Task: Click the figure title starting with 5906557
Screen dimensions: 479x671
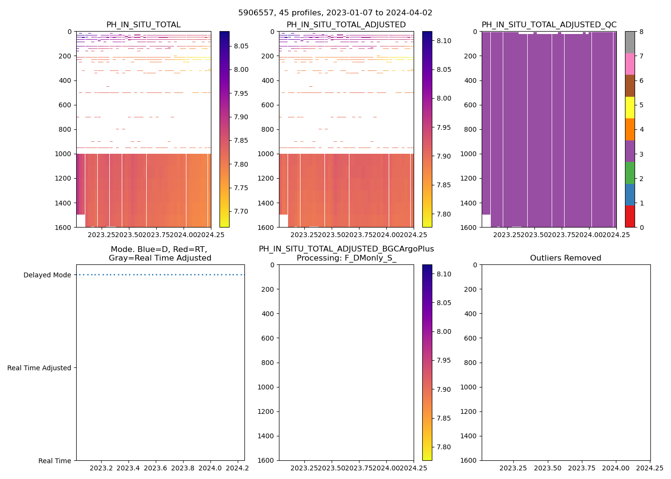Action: click(335, 13)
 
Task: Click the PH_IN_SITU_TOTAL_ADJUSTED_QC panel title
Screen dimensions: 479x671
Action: click(549, 25)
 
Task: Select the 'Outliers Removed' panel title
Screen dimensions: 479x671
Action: click(566, 258)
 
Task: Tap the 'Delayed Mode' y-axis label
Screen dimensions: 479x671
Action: click(47, 275)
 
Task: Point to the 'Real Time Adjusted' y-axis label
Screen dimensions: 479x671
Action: click(39, 368)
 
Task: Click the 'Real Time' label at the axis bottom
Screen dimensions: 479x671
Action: click(55, 461)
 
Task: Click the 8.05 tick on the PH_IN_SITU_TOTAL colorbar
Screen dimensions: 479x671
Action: click(241, 46)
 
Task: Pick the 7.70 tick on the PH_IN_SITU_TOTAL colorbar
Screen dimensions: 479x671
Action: click(241, 211)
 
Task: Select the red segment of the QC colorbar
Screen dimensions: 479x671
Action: click(630, 216)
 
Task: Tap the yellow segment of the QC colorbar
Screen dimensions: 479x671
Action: click(630, 107)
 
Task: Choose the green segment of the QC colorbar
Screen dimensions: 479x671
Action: click(630, 172)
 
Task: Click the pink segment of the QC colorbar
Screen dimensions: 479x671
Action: click(630, 64)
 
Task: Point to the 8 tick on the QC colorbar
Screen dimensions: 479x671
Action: click(641, 32)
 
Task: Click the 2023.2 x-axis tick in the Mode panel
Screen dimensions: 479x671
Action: click(101, 468)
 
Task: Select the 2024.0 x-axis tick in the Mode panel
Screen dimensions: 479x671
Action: click(210, 468)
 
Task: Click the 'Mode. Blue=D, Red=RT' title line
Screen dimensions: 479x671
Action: click(159, 250)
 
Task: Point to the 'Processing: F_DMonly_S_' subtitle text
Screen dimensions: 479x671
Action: click(346, 258)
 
